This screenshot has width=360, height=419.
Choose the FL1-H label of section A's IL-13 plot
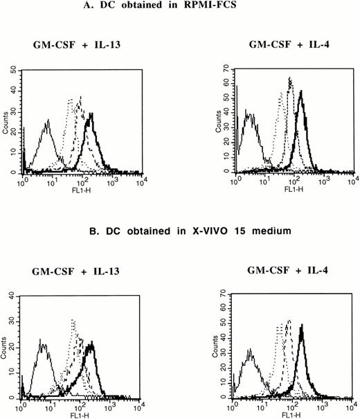coord(81,187)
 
